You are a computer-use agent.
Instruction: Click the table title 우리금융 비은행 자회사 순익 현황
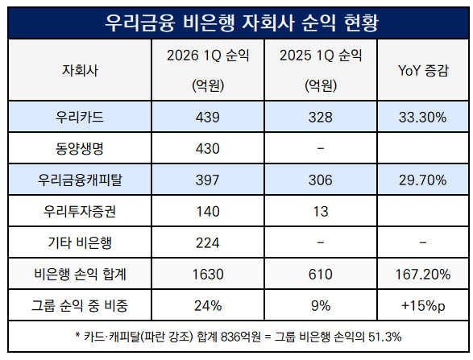tap(241, 23)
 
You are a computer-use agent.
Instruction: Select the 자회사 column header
tap(80, 70)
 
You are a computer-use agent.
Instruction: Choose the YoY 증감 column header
tap(423, 70)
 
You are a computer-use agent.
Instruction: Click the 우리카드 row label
tap(80, 117)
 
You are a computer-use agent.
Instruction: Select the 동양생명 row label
tap(80, 148)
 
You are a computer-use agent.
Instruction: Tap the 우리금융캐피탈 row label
tap(80, 180)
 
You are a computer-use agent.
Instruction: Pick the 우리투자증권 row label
tap(80, 211)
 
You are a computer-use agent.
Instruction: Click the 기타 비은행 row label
tap(80, 242)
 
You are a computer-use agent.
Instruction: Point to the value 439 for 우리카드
tap(208, 118)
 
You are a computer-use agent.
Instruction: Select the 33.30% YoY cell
tap(422, 118)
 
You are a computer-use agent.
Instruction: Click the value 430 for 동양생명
tap(208, 149)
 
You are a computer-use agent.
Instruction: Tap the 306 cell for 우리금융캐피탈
tap(321, 180)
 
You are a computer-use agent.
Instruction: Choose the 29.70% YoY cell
tap(422, 180)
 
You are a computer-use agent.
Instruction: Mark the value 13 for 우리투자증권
tap(321, 211)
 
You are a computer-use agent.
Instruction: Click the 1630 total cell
tap(208, 275)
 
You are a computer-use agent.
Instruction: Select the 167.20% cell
tap(422, 275)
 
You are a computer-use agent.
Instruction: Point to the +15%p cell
tap(423, 306)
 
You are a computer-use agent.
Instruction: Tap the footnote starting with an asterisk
tap(239, 337)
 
